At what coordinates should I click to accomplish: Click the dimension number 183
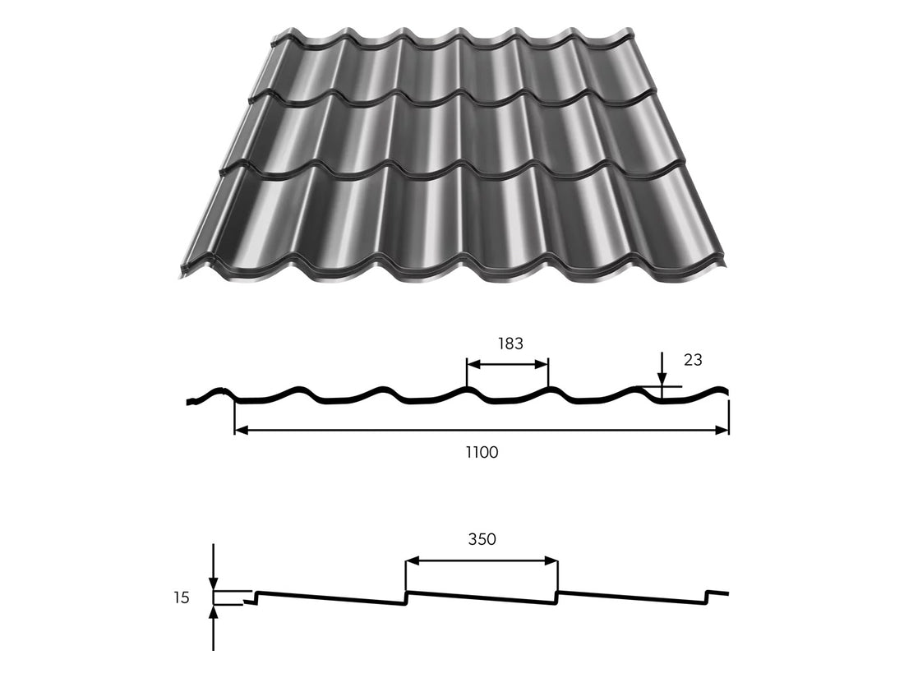510,344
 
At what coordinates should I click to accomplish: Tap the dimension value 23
693,360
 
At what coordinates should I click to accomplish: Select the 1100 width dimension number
482,451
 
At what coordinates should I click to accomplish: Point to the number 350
482,539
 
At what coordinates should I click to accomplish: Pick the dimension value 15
181,597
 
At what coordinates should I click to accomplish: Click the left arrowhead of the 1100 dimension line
240,430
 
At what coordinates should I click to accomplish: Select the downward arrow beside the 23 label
662,379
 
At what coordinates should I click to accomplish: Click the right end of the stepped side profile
728,593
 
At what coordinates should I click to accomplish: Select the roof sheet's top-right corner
633,31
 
